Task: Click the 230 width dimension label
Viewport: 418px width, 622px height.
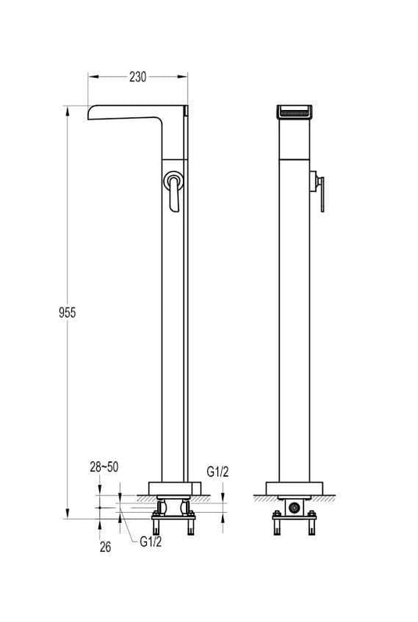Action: coord(138,77)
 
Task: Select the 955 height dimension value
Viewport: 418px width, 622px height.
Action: coord(67,313)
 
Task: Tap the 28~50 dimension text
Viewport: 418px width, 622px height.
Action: coord(104,467)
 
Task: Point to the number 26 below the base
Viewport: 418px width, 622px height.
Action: coord(105,547)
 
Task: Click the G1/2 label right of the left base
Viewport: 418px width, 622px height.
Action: coord(217,472)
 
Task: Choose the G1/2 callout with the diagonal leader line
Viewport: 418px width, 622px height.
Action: coord(151,542)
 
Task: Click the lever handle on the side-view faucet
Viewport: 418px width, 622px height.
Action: coord(173,190)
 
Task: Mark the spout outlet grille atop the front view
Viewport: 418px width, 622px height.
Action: coord(294,112)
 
